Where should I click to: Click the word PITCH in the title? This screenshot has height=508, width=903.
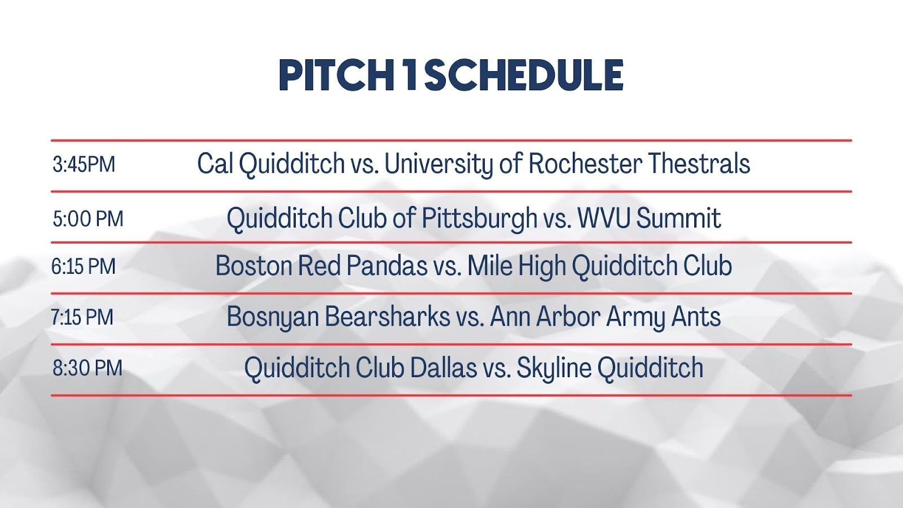click(336, 75)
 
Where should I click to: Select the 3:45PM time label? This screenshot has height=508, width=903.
click(84, 164)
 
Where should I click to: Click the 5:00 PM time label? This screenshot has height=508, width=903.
click(88, 219)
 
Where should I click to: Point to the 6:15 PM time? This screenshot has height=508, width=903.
click(84, 266)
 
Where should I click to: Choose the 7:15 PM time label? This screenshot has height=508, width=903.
click(82, 317)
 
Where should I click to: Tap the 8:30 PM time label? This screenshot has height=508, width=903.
click(87, 368)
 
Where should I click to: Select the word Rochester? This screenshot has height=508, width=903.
click(585, 163)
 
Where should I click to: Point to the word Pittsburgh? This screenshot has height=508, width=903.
click(479, 218)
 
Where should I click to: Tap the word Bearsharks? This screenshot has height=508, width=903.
click(387, 316)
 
